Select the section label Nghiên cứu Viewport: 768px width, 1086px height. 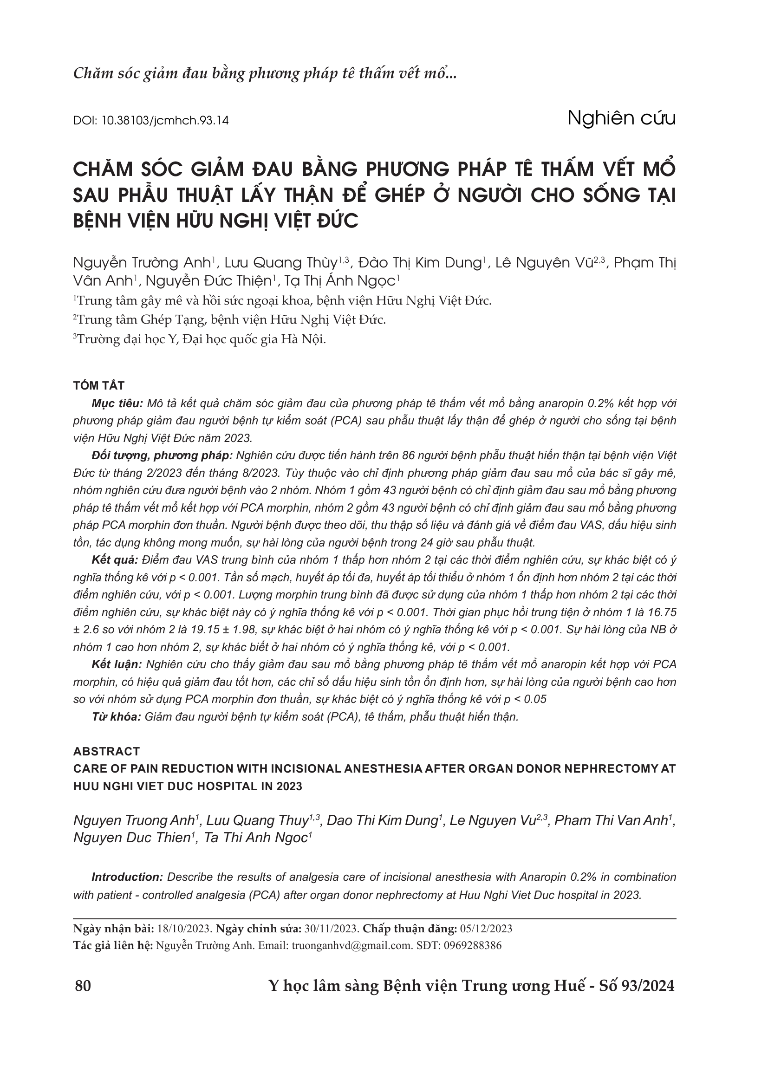(x=621, y=118)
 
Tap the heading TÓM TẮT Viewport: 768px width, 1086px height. (x=99, y=385)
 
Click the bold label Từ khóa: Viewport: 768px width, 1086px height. (x=117, y=717)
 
